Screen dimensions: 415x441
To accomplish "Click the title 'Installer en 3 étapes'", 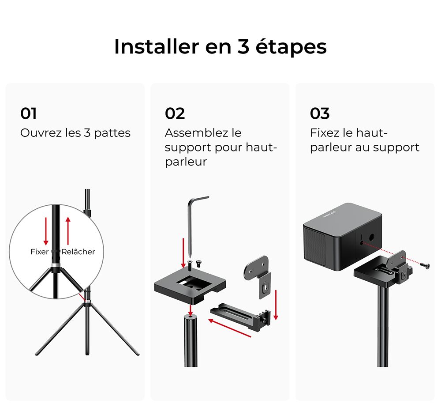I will click(x=220, y=47).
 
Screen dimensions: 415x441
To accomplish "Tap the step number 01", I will click(x=29, y=113).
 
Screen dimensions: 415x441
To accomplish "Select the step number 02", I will click(x=175, y=113).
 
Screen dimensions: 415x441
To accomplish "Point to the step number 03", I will click(x=320, y=113).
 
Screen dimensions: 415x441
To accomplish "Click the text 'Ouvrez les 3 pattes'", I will click(x=75, y=133).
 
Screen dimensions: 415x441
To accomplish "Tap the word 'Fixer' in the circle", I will click(x=39, y=252).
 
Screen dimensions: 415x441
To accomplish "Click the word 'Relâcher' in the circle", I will click(x=78, y=252).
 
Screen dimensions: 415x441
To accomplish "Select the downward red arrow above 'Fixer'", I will click(x=46, y=230).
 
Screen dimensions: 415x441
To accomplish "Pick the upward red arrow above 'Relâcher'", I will click(x=67, y=230).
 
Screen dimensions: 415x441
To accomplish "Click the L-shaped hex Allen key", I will click(x=193, y=221).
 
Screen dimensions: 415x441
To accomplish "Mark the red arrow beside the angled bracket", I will click(x=276, y=305).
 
